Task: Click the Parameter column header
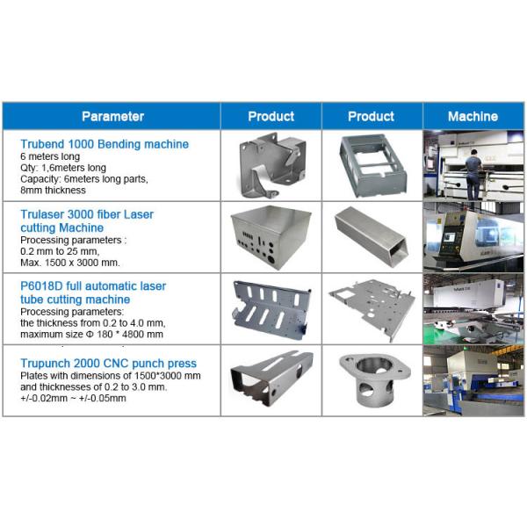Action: [112, 116]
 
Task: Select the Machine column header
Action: [473, 116]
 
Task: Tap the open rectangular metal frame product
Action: [371, 165]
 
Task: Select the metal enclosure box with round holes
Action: [270, 239]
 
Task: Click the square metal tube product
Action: [371, 237]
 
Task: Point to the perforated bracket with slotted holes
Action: [270, 309]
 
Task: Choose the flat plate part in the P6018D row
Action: [371, 307]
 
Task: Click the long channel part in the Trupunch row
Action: [270, 378]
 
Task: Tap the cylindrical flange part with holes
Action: [371, 379]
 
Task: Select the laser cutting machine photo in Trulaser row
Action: [473, 237]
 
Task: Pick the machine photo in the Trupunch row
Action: [473, 379]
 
